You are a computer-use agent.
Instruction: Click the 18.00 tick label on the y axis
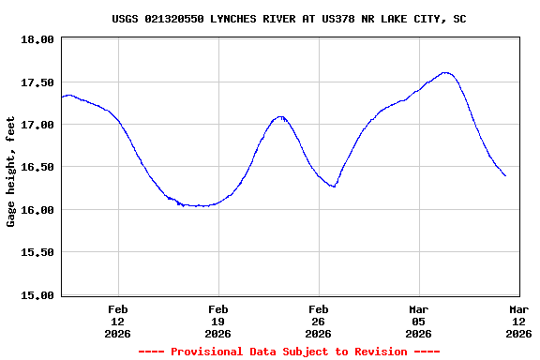click(x=37, y=39)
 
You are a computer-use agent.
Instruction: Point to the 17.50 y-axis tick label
click(x=37, y=82)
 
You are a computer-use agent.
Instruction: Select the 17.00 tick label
click(x=37, y=125)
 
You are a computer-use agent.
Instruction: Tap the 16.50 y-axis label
click(x=37, y=167)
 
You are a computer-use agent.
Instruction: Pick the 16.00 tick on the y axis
click(x=37, y=210)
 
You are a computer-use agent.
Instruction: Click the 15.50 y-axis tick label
click(x=37, y=252)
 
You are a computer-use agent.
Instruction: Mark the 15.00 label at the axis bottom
click(x=37, y=295)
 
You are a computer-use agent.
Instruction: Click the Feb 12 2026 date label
click(x=118, y=321)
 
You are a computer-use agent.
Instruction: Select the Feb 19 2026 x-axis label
click(x=218, y=321)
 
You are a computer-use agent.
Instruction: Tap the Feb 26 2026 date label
click(x=319, y=321)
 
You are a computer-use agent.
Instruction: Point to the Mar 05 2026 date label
click(x=419, y=321)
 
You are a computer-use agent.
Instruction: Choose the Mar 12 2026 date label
click(x=518, y=321)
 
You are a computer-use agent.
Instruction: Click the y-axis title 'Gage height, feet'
click(x=11, y=172)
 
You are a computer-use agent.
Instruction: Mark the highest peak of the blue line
click(x=445, y=72)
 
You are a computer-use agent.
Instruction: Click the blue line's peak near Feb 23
click(x=279, y=116)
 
